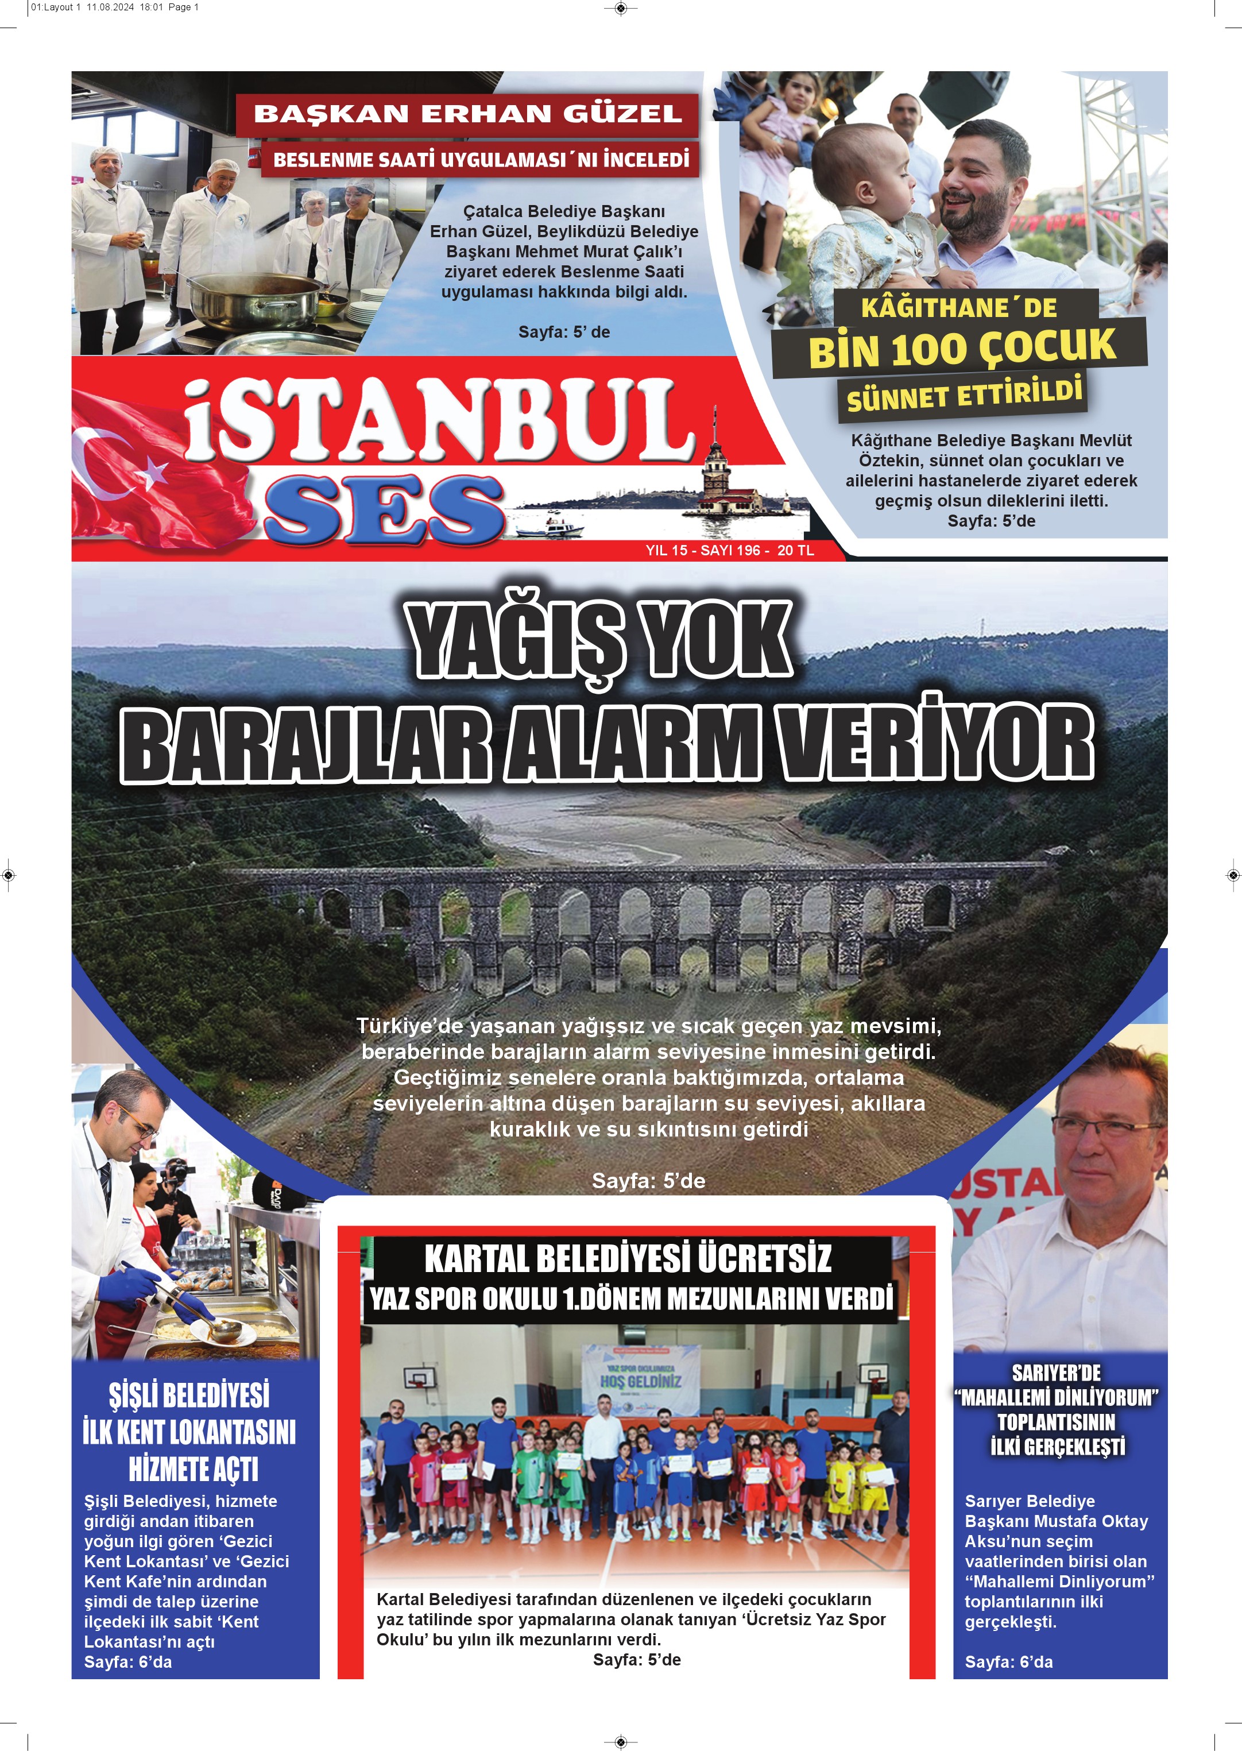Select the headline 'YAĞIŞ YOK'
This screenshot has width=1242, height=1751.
point(601,640)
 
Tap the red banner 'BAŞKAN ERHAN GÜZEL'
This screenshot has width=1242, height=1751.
point(467,114)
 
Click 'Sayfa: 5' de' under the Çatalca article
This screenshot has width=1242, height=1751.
point(564,332)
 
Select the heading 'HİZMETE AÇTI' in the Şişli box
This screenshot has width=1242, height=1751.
point(193,1468)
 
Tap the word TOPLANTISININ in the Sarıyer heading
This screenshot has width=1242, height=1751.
point(1055,1422)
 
